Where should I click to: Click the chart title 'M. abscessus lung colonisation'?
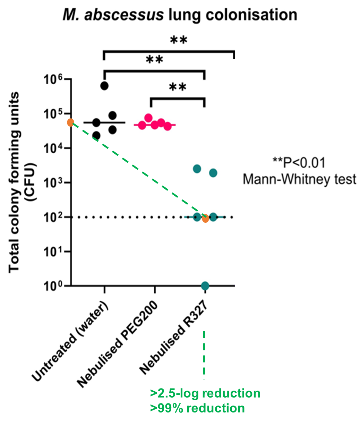coord(180,15)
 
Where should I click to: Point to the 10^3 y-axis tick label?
coord(54,184)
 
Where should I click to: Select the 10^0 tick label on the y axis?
coord(54,287)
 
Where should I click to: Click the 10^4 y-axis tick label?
coord(54,149)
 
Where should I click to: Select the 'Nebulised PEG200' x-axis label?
coord(118,343)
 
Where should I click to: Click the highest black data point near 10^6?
coord(104,85)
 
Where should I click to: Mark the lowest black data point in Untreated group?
coord(96,136)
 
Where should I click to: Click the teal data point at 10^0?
coord(205,286)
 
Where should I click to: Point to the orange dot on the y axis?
coord(70,122)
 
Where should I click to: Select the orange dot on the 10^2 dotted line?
coord(205,219)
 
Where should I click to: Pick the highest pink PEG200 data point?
coord(148,118)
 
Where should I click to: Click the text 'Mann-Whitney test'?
coord(299,179)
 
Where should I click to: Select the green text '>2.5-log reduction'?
coord(205,393)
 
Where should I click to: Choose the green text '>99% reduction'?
coord(197,408)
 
